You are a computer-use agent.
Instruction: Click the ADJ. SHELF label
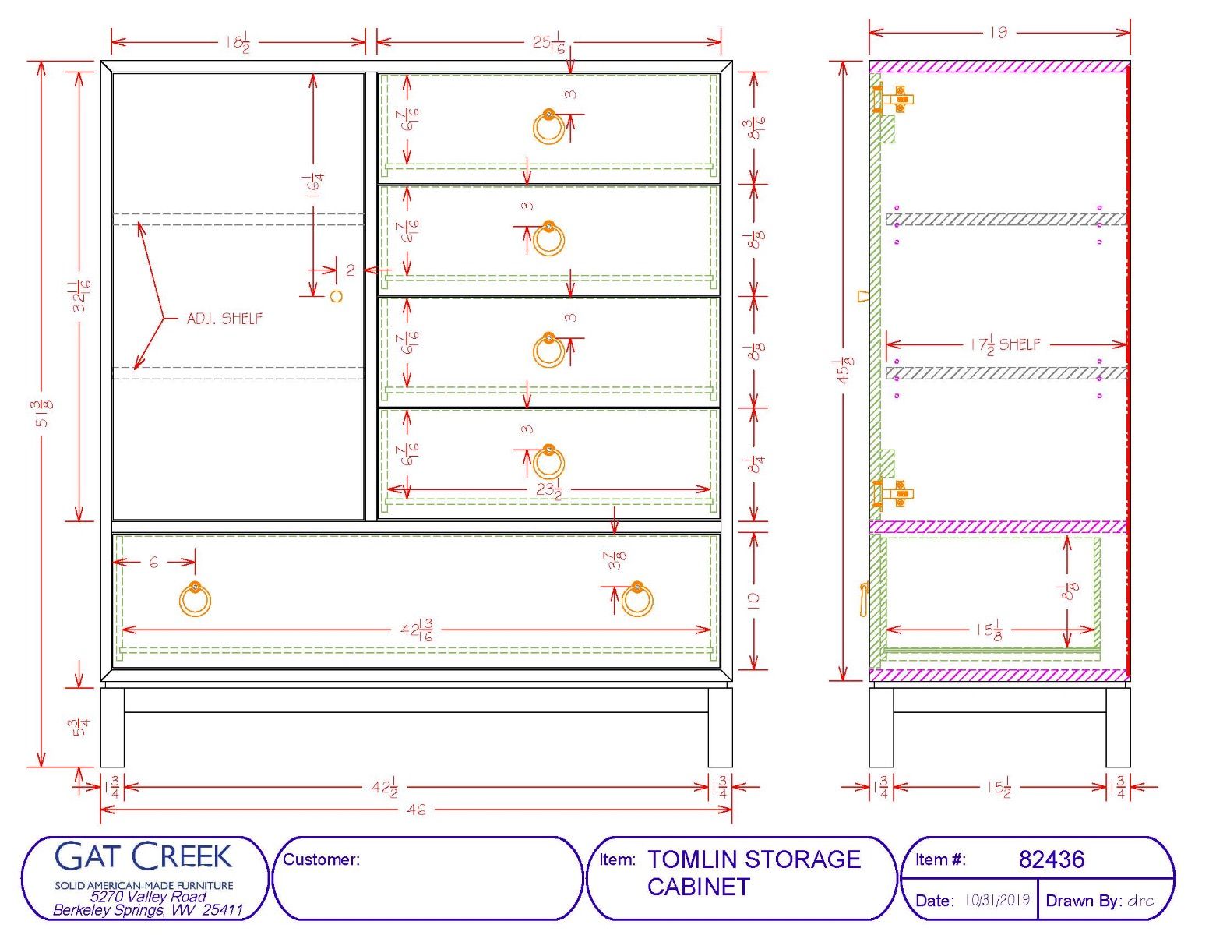(x=224, y=318)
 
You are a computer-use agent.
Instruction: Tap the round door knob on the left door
(x=336, y=296)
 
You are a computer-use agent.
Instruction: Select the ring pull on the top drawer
(x=548, y=126)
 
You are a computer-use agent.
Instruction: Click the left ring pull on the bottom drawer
(x=195, y=598)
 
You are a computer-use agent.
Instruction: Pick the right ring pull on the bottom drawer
(x=636, y=598)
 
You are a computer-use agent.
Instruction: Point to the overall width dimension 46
(x=416, y=810)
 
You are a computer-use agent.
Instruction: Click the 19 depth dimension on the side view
(x=999, y=32)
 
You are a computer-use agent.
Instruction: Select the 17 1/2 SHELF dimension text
(x=1005, y=345)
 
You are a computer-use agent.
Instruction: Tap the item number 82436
(x=1052, y=859)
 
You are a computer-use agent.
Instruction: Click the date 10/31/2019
(x=997, y=901)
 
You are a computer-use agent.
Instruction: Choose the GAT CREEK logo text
(x=143, y=857)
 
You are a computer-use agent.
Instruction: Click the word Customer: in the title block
(x=321, y=859)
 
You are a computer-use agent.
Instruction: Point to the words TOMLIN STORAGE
(x=754, y=859)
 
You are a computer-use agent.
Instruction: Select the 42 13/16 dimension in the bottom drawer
(x=416, y=630)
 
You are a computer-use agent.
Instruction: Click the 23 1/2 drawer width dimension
(x=548, y=490)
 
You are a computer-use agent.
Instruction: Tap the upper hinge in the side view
(x=894, y=100)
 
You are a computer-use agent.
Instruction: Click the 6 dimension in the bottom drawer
(x=153, y=563)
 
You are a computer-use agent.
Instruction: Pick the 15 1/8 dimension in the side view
(x=990, y=630)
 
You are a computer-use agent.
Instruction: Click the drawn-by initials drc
(x=1140, y=901)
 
